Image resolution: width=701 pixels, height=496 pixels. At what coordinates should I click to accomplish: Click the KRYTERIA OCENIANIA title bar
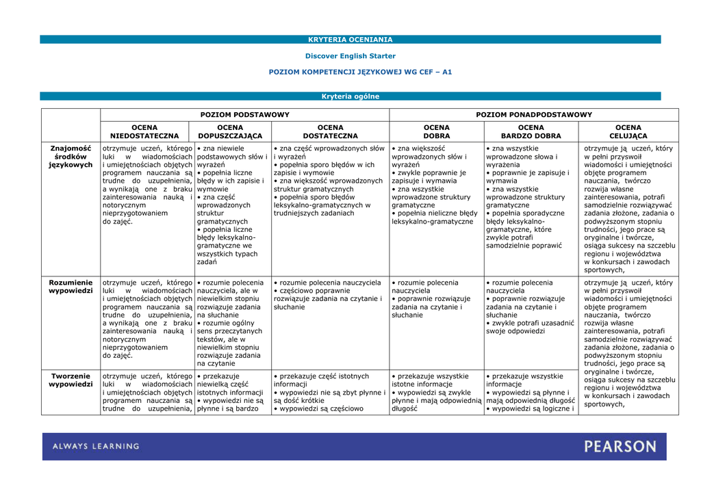350,40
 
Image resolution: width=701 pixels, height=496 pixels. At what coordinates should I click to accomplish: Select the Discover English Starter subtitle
350,56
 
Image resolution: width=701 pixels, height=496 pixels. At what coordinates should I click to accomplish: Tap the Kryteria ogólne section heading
350,96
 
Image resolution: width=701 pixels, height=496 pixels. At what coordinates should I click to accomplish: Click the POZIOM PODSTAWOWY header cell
244,115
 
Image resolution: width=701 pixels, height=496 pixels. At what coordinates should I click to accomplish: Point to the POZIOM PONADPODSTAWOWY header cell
534,115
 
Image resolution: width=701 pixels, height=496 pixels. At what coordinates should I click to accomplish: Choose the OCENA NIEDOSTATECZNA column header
144,131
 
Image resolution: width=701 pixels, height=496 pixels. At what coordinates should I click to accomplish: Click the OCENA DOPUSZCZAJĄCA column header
230,131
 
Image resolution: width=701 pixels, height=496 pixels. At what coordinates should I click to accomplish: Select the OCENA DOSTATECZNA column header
330,131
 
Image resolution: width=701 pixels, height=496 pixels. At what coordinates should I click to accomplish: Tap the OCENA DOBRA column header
437,131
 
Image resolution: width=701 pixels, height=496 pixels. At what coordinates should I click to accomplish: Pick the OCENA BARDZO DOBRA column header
531,131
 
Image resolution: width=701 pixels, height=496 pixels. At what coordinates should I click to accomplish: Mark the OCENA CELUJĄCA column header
628,131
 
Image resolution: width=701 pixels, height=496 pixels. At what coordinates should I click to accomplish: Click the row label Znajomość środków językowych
71,156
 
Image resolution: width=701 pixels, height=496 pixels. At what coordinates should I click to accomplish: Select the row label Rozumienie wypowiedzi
71,287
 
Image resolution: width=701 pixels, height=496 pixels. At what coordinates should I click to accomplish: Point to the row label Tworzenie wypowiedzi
71,380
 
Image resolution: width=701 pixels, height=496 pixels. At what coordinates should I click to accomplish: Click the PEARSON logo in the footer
620,447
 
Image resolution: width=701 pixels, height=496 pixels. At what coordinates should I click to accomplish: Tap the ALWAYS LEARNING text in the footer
96,447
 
